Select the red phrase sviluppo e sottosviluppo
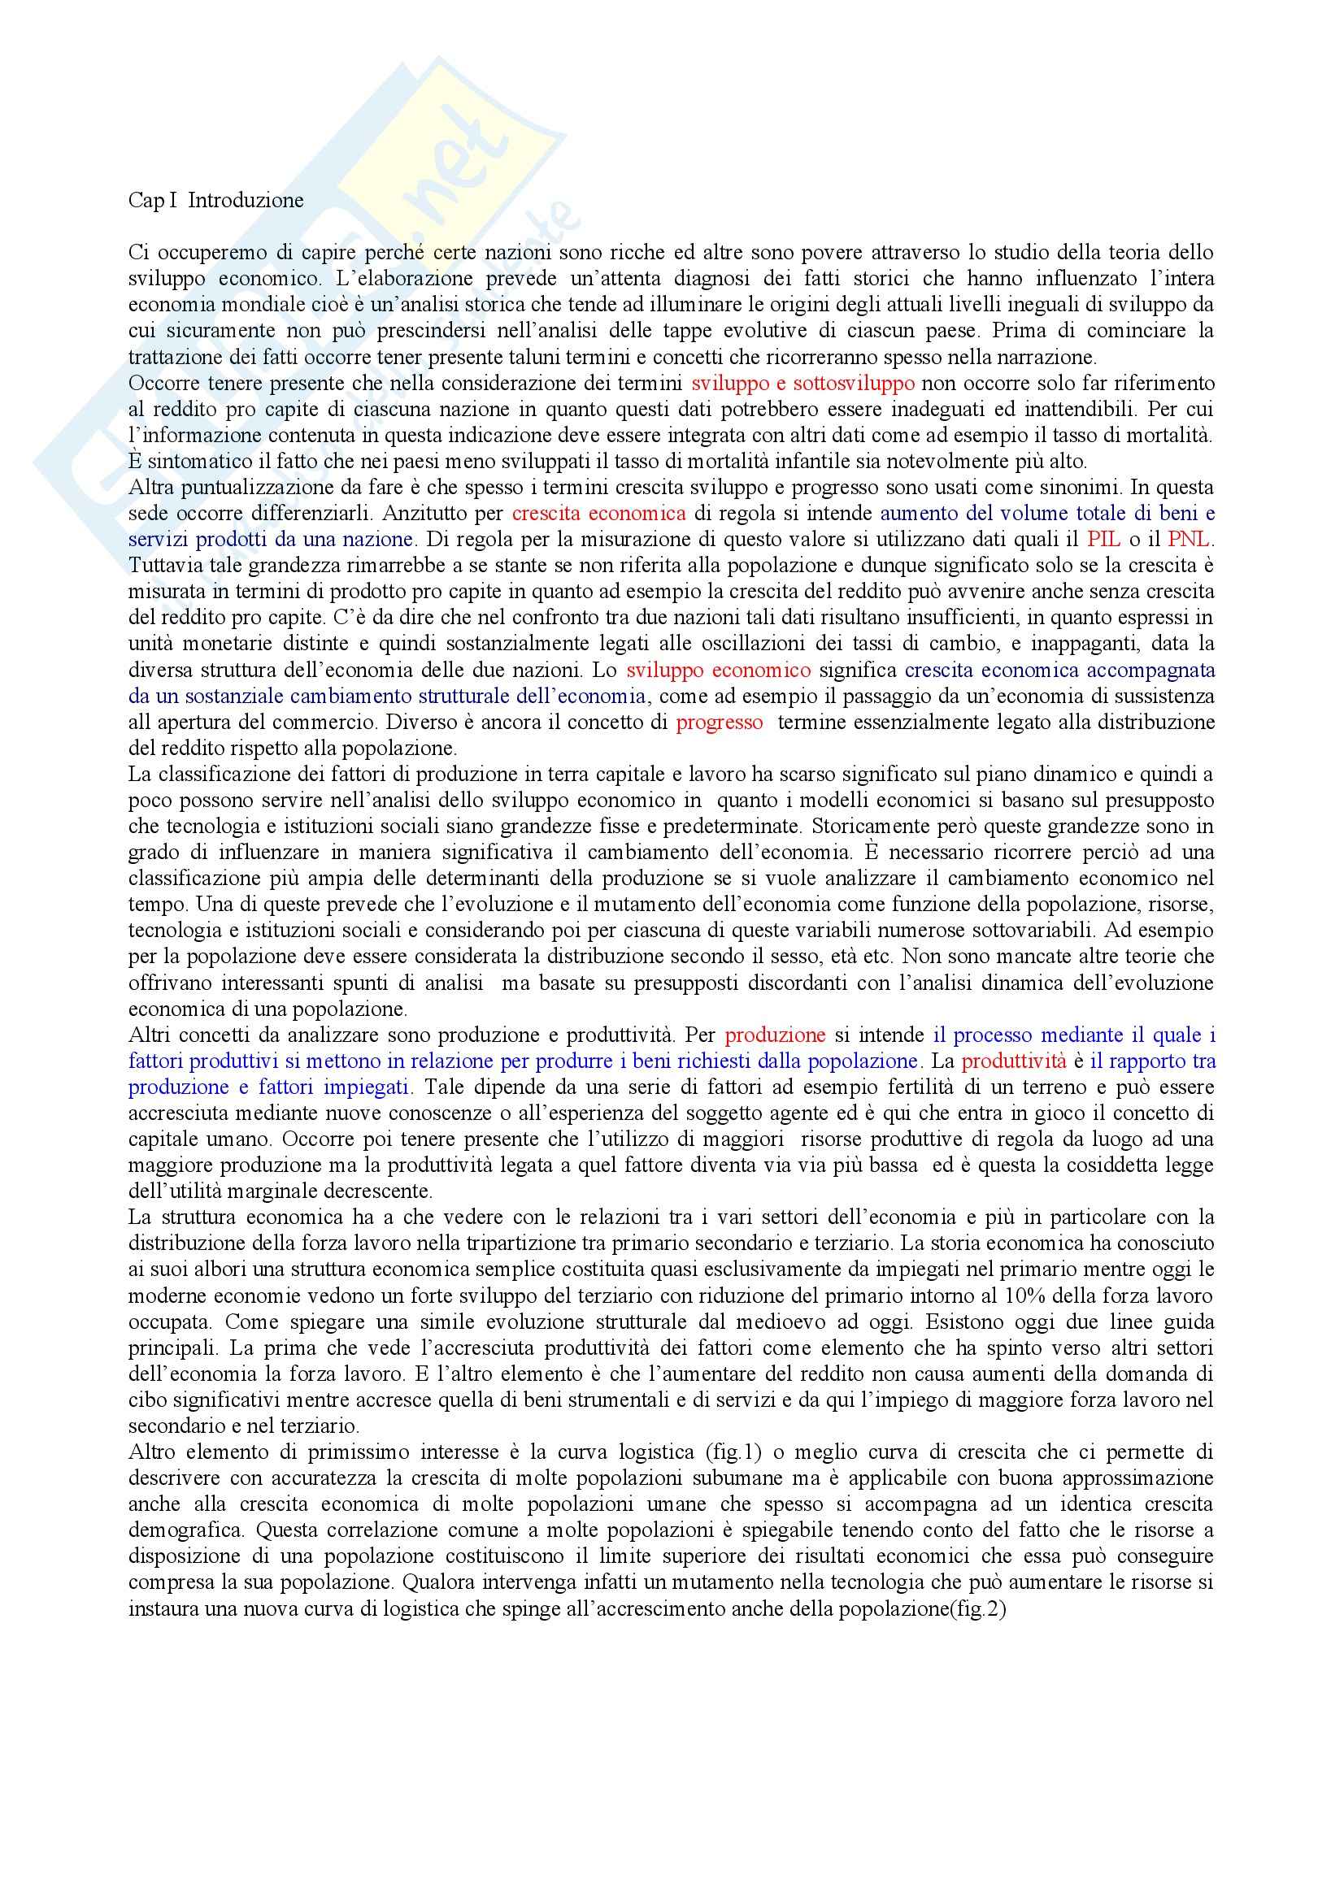tap(802, 384)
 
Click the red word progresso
tap(720, 722)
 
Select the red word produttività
tap(1014, 1061)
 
